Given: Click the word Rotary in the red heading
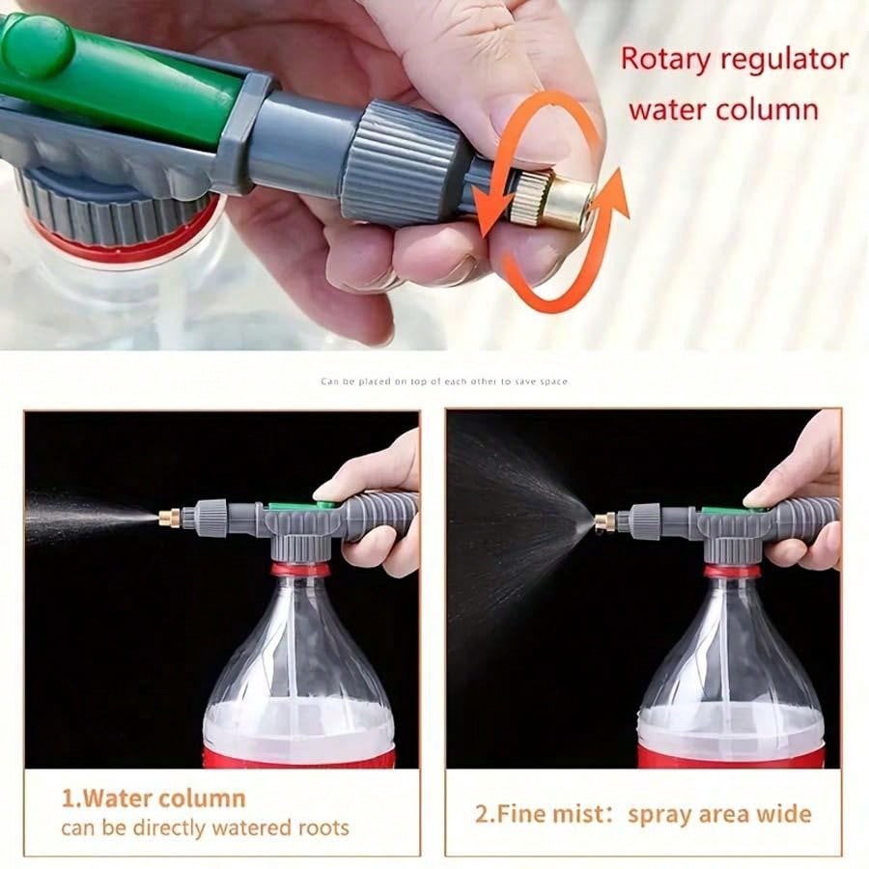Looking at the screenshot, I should pos(664,59).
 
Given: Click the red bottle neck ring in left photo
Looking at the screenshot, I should pos(300,570).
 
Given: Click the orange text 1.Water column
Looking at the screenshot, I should pos(154,799).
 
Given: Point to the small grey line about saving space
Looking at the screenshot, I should pos(444,381).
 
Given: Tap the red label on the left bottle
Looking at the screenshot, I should pos(299,757).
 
